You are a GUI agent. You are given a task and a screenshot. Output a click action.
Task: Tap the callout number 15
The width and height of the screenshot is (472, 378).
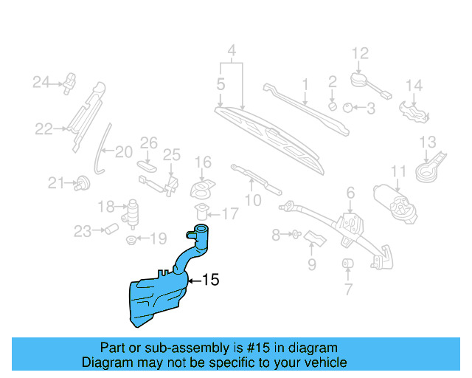pyautogui.click(x=210, y=280)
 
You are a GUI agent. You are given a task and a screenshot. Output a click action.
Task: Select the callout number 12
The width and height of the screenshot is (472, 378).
pyautogui.click(x=359, y=53)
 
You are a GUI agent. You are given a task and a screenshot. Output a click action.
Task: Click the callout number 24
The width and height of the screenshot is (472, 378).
pyautogui.click(x=40, y=83)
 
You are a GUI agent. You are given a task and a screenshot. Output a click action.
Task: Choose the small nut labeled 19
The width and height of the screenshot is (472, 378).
pyautogui.click(x=131, y=239)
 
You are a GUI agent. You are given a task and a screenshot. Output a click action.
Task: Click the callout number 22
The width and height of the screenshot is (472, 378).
pyautogui.click(x=44, y=129)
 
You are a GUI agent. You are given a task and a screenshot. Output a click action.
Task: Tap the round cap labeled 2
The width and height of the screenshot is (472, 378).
pyautogui.click(x=333, y=105)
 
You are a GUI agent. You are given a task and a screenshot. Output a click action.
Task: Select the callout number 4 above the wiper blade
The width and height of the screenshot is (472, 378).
pyautogui.click(x=232, y=52)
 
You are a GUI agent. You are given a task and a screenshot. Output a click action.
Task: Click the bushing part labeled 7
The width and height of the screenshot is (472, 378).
pyautogui.click(x=347, y=264)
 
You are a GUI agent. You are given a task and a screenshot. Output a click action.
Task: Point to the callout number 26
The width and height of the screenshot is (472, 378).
pyautogui.click(x=149, y=142)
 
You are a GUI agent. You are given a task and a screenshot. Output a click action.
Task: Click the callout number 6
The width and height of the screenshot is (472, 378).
pyautogui.click(x=350, y=193)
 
